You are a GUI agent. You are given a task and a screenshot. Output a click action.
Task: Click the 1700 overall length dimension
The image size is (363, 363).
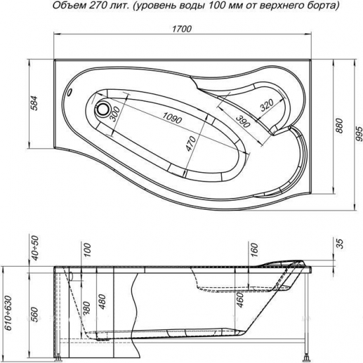(181, 29)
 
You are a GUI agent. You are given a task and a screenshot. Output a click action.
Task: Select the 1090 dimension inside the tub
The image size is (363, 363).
(171, 118)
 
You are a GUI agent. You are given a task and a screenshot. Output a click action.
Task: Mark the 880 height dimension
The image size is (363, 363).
(341, 125)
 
